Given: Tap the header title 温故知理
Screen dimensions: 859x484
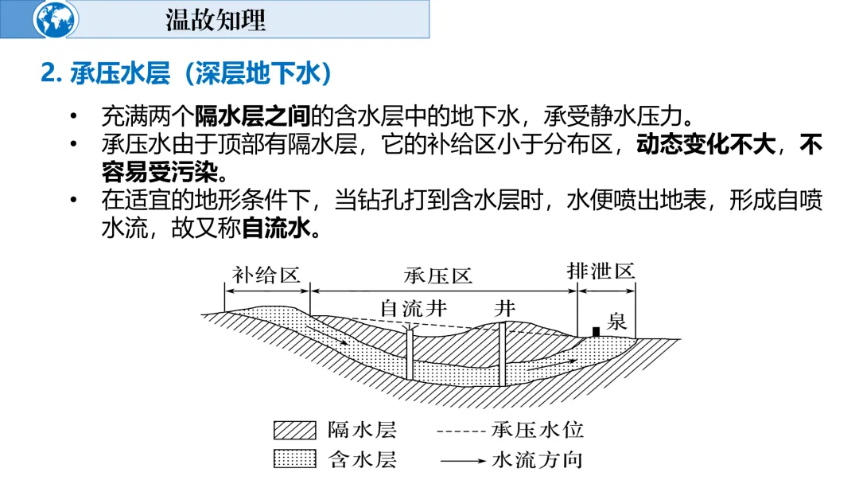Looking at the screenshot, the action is coord(216,20).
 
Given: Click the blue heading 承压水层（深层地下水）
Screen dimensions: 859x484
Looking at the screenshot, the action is coord(188,74).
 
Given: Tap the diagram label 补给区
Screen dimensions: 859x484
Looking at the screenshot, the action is coord(266,275).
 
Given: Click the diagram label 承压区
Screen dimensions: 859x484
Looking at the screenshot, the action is coord(437,275).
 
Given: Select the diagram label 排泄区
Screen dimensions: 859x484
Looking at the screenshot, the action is coord(602,271).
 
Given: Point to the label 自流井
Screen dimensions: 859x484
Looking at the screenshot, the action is coord(413,308).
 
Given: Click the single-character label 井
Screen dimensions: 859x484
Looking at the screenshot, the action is coord(504,308).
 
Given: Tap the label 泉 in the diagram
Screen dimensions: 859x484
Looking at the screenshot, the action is coord(617,322).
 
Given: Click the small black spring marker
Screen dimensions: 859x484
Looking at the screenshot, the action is coord(596,331).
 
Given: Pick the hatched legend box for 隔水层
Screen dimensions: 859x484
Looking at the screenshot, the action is coord(293,431).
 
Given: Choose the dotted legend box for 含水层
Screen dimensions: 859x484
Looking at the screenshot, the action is coord(293,459).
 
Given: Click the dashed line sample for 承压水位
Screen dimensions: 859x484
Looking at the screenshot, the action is coord(461,431).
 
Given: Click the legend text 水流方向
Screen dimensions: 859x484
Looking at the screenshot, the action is coord(538,460).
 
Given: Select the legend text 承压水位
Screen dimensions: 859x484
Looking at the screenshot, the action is coord(538,431).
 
